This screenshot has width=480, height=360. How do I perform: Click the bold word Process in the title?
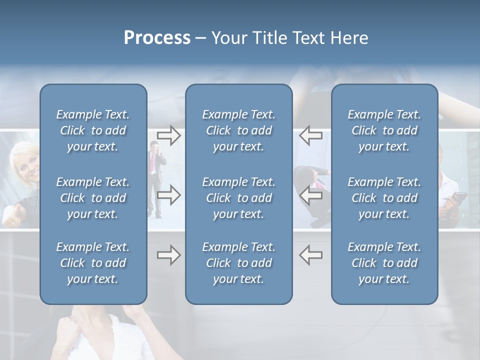pos(157,38)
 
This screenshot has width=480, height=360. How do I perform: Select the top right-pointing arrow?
pos(168,135)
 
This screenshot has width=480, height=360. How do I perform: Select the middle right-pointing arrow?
pos(168,195)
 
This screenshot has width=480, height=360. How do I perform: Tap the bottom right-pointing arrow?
pos(168,255)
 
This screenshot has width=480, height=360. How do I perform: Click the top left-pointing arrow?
pos(311,135)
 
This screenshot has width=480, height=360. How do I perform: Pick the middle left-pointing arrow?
pos(311,195)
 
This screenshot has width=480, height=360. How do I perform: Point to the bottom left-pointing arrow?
pos(311,255)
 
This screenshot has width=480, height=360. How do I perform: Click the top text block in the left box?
pos(93,130)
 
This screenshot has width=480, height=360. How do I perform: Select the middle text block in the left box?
pos(93,198)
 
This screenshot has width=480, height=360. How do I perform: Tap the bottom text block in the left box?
pos(93,263)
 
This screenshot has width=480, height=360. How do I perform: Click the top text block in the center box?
pos(238,130)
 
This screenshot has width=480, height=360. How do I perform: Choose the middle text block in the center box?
pos(238,198)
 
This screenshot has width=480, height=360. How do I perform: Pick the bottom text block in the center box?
pos(238,263)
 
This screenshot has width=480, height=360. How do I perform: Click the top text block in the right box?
pos(384,130)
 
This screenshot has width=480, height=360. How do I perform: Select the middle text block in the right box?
pos(384,198)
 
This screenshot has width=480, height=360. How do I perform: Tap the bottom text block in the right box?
pos(384,263)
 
